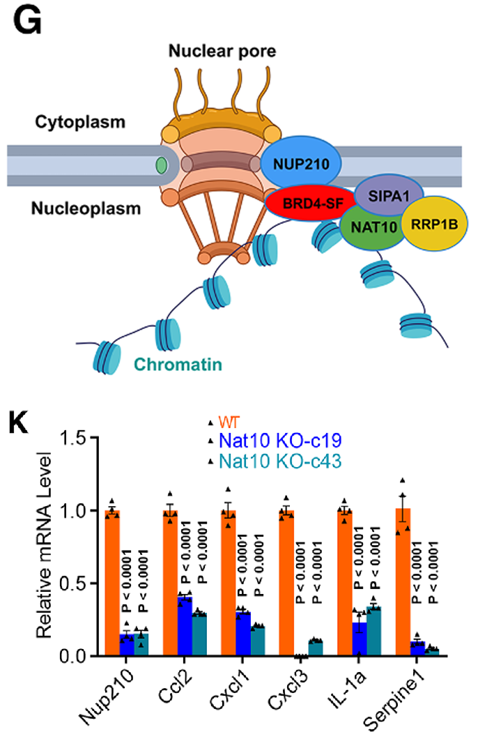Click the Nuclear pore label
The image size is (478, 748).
point(216,51)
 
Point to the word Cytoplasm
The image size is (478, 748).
point(81,122)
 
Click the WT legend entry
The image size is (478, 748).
point(229,422)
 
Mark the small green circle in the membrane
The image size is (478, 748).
point(162,166)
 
